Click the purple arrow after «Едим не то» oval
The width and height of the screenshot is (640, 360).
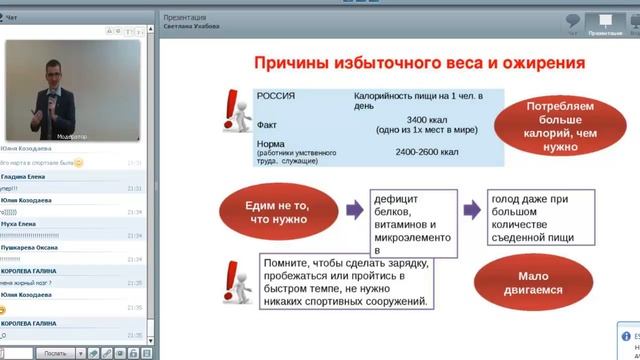(353, 210)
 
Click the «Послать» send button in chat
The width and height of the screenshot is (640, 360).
(55, 353)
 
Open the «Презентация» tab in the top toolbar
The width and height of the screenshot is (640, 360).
(605, 23)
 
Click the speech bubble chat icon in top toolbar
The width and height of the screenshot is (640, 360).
(573, 23)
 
